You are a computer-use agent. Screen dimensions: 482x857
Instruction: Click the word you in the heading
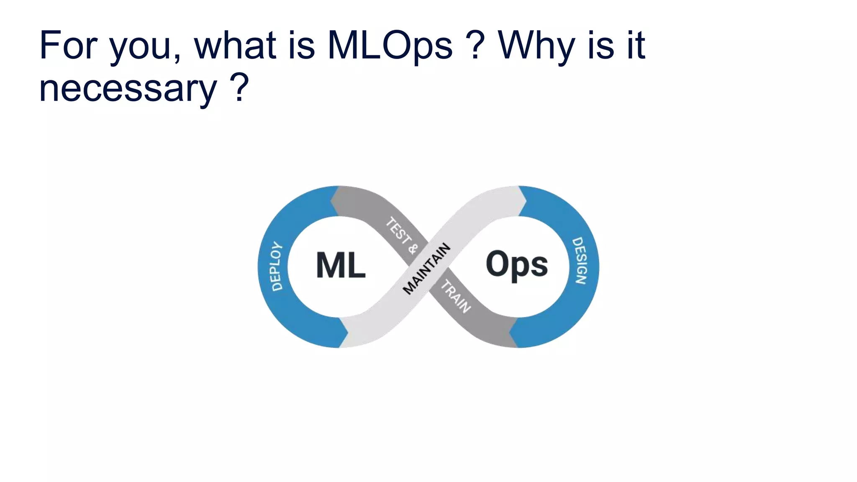pos(141,48)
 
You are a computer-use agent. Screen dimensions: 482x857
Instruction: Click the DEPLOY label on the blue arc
pos(277,266)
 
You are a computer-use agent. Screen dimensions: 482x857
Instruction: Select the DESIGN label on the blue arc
pos(580,261)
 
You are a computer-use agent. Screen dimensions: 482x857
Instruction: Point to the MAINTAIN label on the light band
pos(426,269)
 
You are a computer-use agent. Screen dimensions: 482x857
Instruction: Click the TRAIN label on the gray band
pos(456,297)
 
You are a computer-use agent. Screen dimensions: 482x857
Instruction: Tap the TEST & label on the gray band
pos(401,236)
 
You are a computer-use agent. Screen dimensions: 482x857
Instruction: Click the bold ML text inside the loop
pos(341,265)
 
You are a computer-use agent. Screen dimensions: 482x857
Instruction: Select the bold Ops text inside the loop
pos(517,264)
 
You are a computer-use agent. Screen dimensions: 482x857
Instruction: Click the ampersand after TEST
pos(413,249)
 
